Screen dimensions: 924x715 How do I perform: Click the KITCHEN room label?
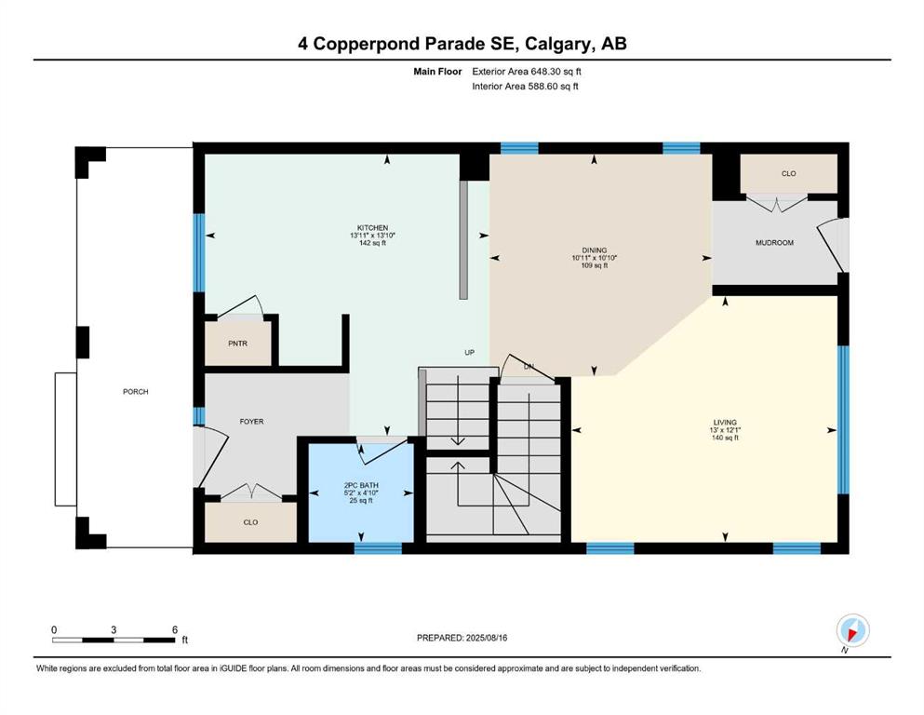(372, 228)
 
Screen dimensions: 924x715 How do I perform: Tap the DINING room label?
(594, 250)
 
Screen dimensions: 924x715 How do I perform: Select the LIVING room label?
(725, 422)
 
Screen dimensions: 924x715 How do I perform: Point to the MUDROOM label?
(774, 243)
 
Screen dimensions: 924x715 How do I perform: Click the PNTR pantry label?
(237, 344)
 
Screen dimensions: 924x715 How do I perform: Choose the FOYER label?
(251, 422)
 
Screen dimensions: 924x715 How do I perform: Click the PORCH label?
(136, 391)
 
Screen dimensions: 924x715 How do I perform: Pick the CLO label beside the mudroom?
(788, 173)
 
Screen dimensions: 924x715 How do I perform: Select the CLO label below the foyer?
(250, 522)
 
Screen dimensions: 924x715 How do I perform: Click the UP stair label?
(469, 353)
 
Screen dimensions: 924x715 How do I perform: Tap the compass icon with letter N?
(852, 631)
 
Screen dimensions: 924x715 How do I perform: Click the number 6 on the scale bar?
(174, 629)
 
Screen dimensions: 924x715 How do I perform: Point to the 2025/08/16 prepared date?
(486, 638)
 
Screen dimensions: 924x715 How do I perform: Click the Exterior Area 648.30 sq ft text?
(527, 72)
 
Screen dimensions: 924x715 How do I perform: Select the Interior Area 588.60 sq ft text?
(525, 86)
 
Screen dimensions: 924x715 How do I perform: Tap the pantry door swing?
(240, 306)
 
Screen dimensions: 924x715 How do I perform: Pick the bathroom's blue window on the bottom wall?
(378, 548)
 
